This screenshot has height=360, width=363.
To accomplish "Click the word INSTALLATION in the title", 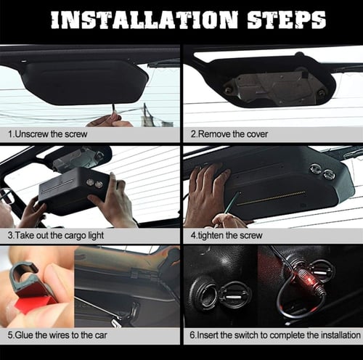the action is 144,20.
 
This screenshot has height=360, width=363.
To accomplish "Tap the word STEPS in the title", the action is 287,20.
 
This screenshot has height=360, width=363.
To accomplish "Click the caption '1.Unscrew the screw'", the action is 48,134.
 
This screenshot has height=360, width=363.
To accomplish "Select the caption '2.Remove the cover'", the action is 229,134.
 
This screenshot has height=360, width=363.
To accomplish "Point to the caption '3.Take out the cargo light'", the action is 56,236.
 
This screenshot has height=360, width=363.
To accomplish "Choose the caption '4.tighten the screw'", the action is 227,235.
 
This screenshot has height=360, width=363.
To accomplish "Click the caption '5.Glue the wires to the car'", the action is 57,335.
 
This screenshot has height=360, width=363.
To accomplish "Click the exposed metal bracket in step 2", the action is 274,87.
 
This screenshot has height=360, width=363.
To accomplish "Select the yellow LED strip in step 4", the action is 271,198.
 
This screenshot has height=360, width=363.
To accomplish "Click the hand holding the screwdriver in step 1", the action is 110,121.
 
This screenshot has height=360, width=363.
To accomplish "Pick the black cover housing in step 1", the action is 85,82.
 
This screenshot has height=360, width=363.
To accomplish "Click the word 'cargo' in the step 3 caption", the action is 75,236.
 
